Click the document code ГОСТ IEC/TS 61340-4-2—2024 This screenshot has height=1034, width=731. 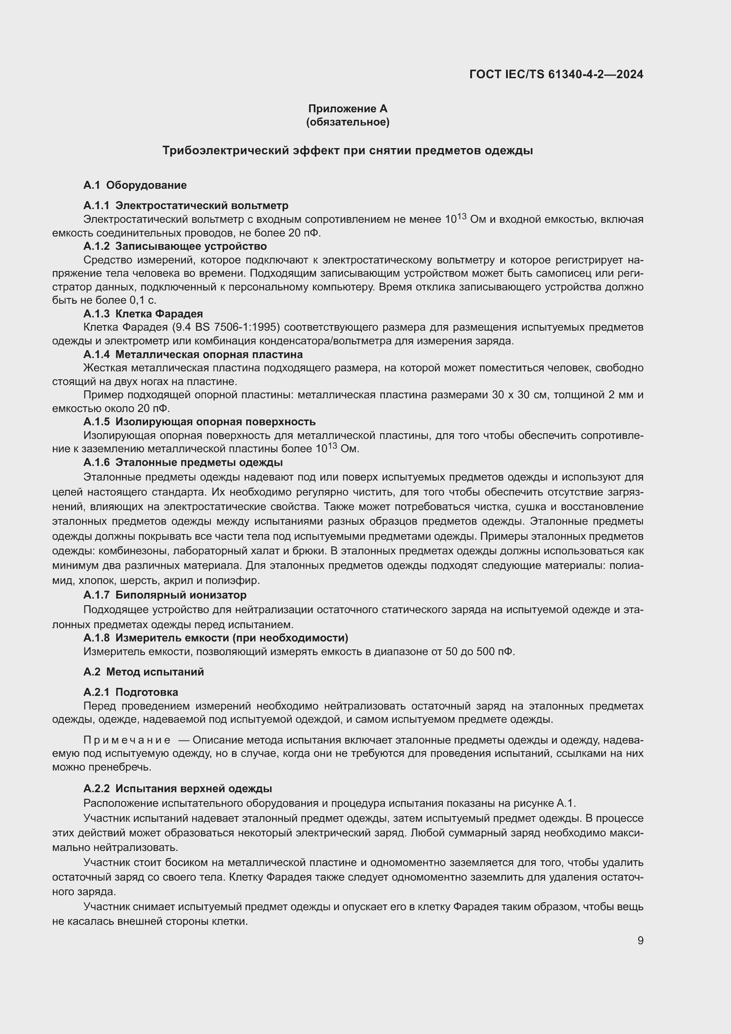[x=556, y=74]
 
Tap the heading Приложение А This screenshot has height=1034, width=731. [x=347, y=109]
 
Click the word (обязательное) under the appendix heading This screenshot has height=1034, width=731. [x=347, y=122]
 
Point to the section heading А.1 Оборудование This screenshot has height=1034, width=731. [x=135, y=185]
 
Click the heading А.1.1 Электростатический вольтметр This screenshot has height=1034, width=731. [x=186, y=206]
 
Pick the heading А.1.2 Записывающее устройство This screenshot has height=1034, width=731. [x=175, y=246]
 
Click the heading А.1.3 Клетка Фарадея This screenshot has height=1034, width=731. [x=143, y=314]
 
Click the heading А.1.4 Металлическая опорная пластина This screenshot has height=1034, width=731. [x=193, y=355]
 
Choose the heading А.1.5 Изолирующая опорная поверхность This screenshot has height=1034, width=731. [x=199, y=422]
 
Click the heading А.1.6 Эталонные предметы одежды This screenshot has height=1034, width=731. [x=183, y=462]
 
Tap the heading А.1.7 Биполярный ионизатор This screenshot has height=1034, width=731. [x=165, y=595]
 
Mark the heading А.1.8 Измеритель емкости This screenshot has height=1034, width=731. [x=216, y=638]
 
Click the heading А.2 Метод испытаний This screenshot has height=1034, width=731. [x=144, y=672]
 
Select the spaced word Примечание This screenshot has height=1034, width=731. [x=127, y=740]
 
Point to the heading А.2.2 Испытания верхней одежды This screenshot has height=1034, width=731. [x=177, y=789]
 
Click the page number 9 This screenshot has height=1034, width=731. [x=640, y=941]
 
